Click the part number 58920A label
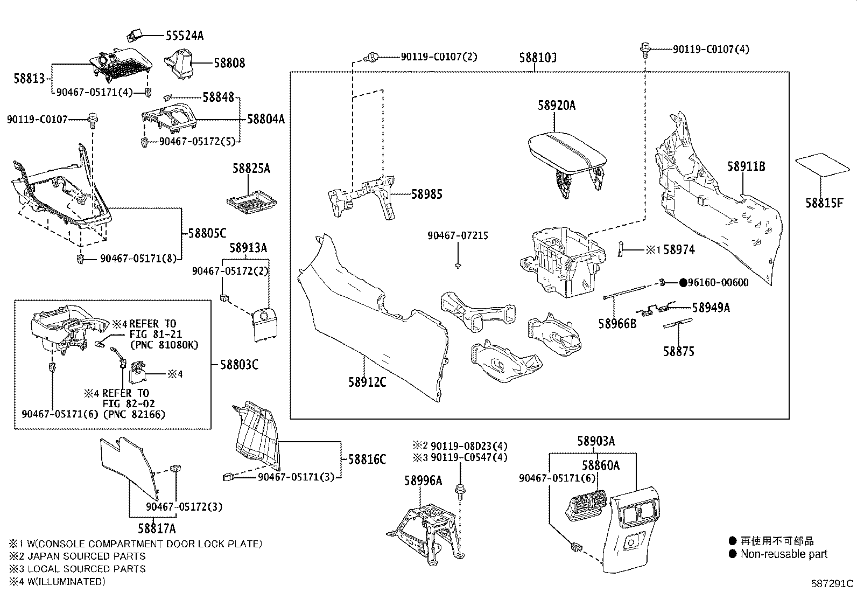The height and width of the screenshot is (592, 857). pyautogui.click(x=556, y=106)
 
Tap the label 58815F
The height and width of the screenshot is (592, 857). pyautogui.click(x=824, y=203)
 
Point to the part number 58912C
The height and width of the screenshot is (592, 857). pyautogui.click(x=367, y=382)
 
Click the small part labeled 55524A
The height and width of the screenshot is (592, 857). pyautogui.click(x=134, y=36)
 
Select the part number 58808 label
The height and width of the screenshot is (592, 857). pyautogui.click(x=229, y=63)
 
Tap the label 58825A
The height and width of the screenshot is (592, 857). pyautogui.click(x=251, y=169)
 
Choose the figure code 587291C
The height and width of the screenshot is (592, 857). pyautogui.click(x=832, y=583)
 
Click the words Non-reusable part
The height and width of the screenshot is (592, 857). pyautogui.click(x=783, y=554)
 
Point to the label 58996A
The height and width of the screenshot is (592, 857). pyautogui.click(x=423, y=480)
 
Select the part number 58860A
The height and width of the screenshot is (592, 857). pyautogui.click(x=600, y=465)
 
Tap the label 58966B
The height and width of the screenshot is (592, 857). pyautogui.click(x=617, y=323)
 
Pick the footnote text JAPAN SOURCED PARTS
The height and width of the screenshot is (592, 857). pyautogui.click(x=87, y=556)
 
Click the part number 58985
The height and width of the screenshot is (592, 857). pyautogui.click(x=426, y=194)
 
